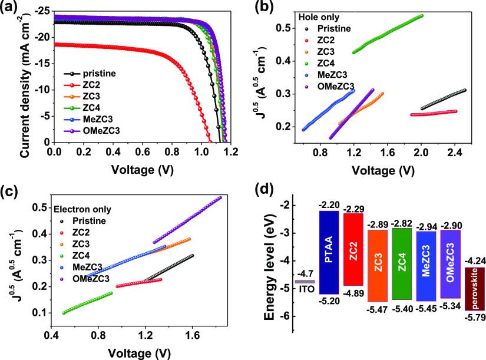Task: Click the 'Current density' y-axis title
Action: pyautogui.click(x=24, y=77)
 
